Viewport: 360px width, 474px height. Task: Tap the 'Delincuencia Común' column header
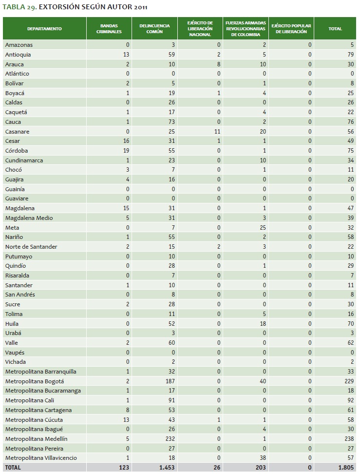tap(154, 29)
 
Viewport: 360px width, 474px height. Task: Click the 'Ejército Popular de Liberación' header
tap(291, 29)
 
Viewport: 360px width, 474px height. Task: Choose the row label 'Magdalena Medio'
tap(29, 218)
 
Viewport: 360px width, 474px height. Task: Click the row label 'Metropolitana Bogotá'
tap(35, 381)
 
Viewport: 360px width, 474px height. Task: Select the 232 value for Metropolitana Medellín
tap(169, 439)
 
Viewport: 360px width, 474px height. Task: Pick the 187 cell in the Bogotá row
tap(169, 381)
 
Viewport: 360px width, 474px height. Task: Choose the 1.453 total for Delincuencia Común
tap(166, 468)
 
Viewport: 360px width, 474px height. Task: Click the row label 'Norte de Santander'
tap(31, 247)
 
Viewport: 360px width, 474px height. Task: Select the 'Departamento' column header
tap(44, 29)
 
